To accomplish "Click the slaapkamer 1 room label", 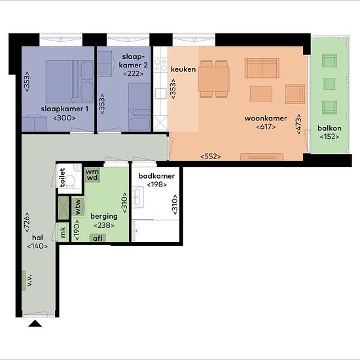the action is [65, 109].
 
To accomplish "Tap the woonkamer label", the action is [266, 118].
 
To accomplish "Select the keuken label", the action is [183, 69].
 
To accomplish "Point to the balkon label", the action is [329, 128].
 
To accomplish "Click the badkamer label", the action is [156, 176].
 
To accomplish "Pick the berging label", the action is [104, 216].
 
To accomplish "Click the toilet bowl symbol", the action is [70, 181].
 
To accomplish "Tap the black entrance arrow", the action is [35, 323].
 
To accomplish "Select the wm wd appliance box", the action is [92, 175].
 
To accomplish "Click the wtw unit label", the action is [78, 206].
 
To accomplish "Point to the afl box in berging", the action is [98, 238].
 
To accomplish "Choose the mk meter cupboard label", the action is [63, 232].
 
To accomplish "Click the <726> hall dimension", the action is [27, 222].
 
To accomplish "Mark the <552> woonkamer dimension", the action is [211, 156].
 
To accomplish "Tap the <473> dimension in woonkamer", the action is [298, 124].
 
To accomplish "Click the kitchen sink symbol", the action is [161, 94].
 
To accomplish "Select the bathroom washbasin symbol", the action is [137, 197].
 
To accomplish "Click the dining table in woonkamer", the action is [214, 79].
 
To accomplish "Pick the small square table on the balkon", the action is [329, 84].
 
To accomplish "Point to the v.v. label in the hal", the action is [29, 280].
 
